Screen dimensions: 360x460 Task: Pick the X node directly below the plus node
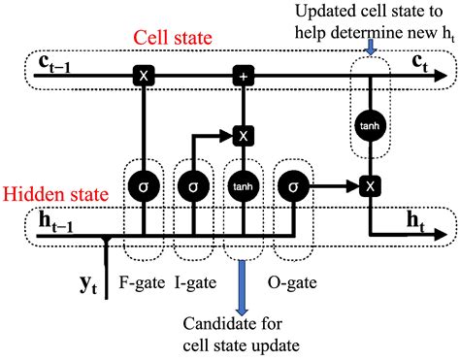coord(243,135)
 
